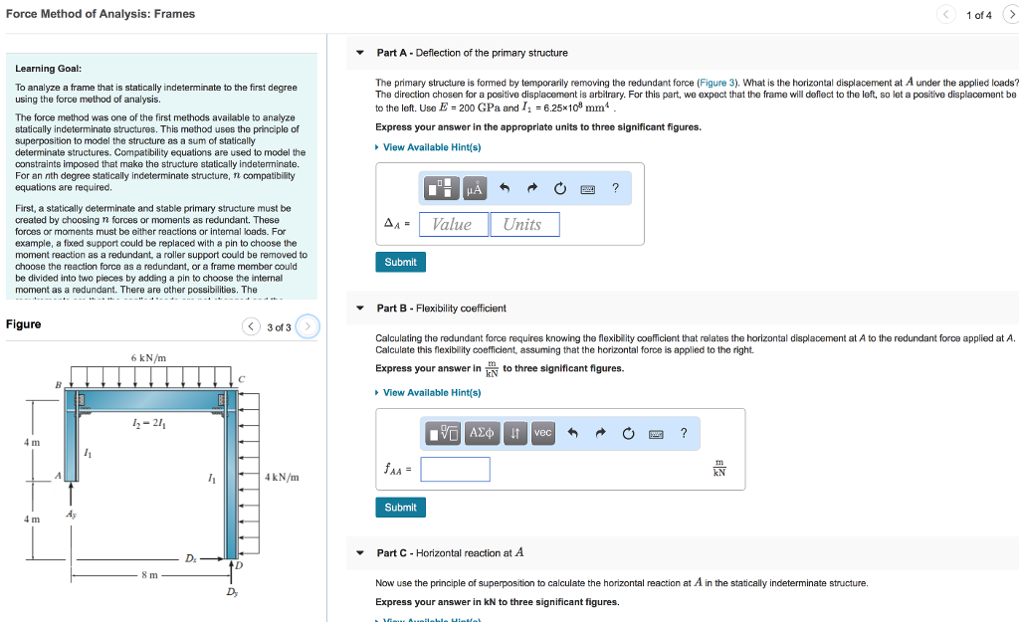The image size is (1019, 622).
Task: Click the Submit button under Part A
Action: point(400,262)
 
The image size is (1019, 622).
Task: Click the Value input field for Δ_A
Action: point(453,225)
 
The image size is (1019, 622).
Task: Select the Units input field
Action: point(524,225)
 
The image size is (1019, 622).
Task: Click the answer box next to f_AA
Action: point(455,470)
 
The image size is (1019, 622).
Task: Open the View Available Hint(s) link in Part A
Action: point(431,147)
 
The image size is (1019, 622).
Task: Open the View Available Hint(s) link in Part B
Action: point(431,392)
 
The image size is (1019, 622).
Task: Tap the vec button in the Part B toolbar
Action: point(542,433)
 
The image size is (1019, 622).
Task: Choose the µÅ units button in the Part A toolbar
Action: point(474,188)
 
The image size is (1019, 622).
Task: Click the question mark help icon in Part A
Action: point(615,188)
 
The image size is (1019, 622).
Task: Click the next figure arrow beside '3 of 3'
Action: point(308,326)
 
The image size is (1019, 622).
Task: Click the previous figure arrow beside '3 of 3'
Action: point(253,326)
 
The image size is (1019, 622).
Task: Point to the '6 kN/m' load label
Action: point(148,358)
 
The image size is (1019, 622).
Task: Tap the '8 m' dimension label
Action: point(149,575)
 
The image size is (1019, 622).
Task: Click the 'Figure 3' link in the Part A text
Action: point(716,83)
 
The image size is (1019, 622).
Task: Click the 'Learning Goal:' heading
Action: point(48,69)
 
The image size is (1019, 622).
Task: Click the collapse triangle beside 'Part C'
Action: point(360,553)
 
